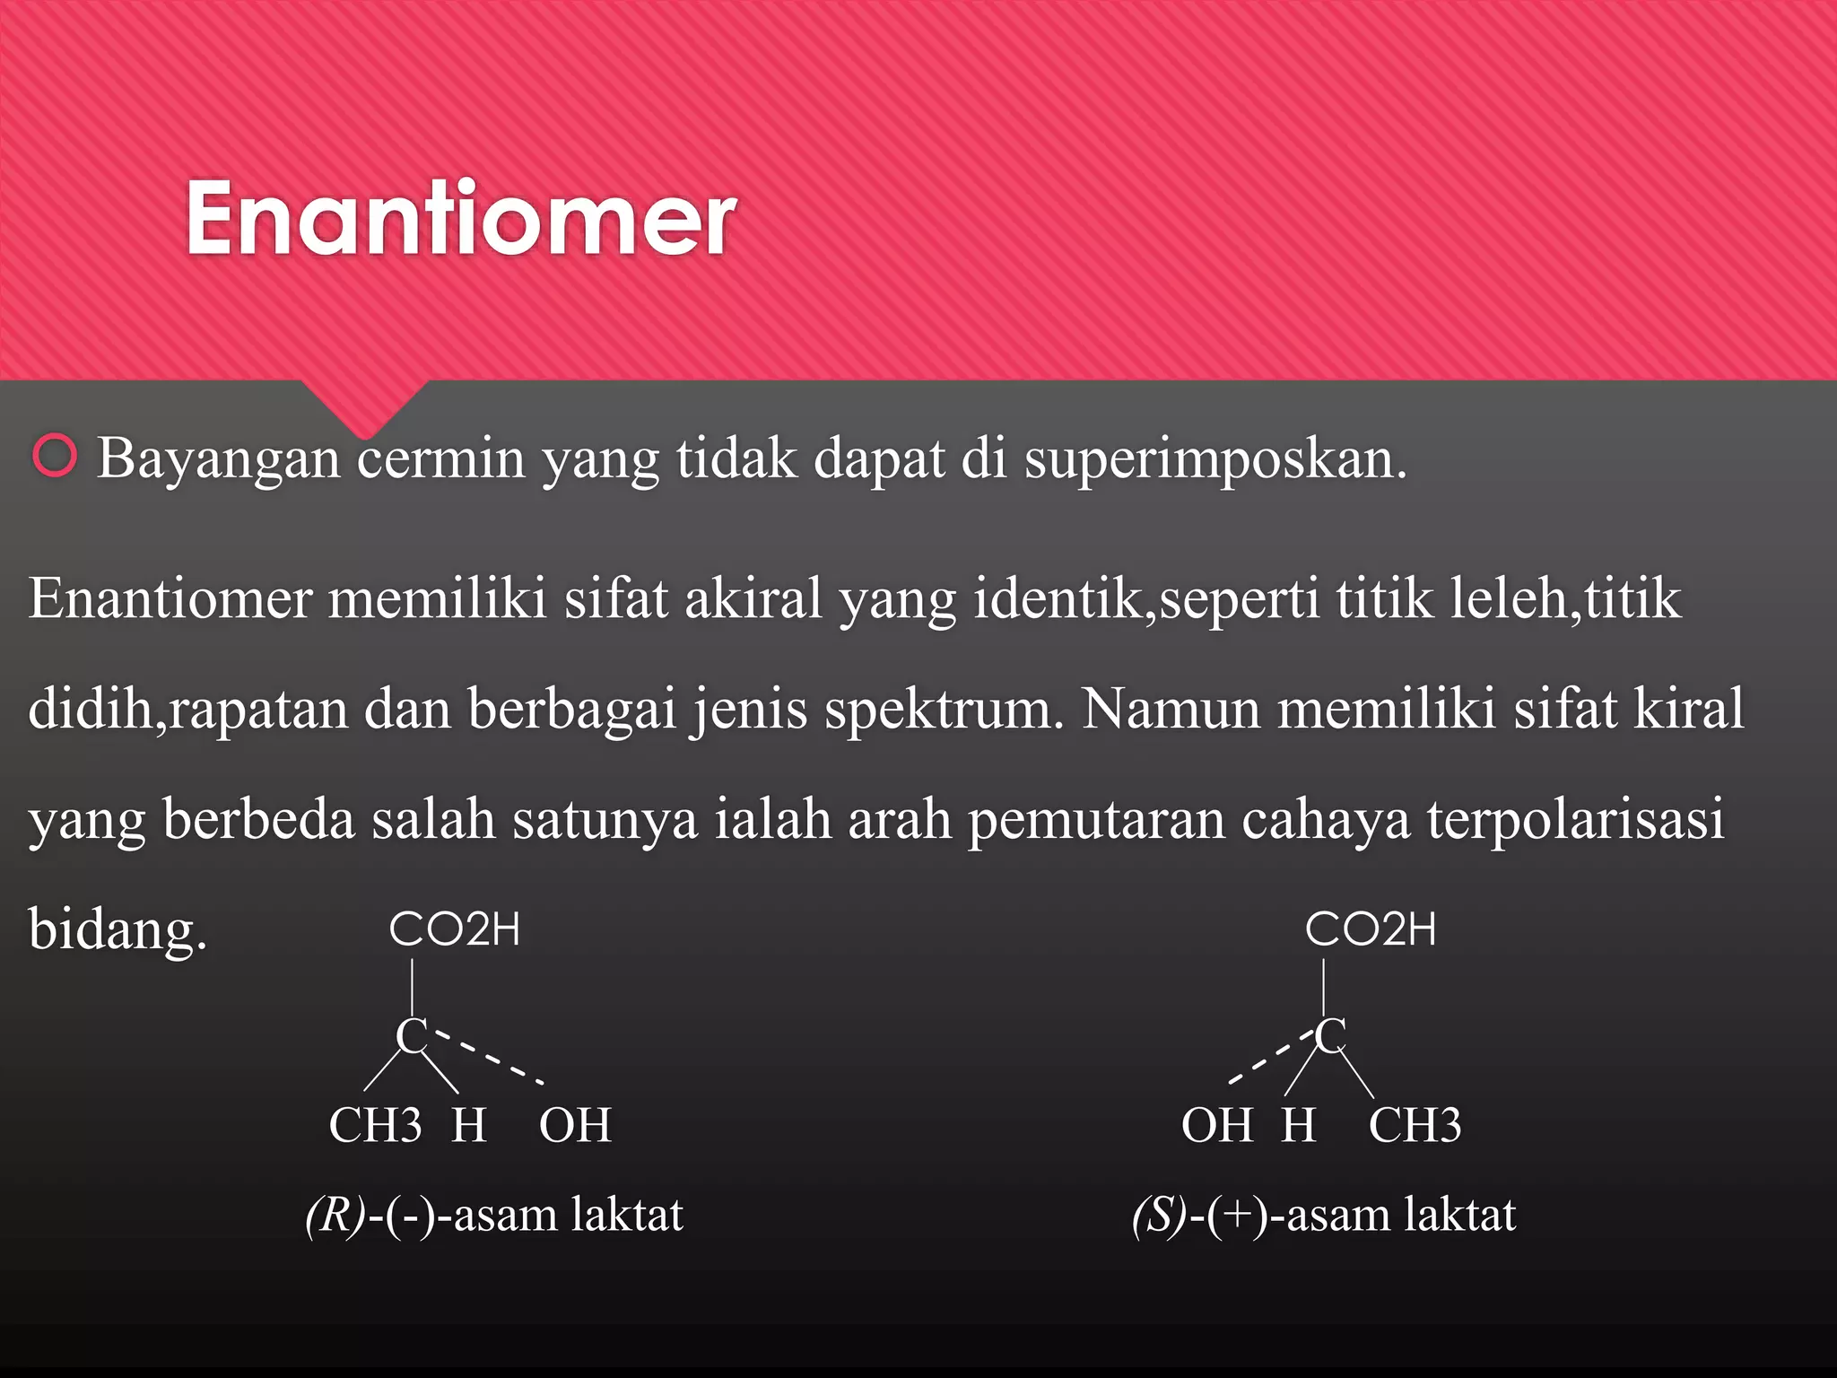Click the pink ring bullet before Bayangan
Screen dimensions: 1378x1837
pos(55,456)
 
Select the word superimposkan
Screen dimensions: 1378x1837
pos(1215,459)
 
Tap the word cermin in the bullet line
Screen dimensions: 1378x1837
pos(440,458)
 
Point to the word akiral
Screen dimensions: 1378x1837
pos(753,598)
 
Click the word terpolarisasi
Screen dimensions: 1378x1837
pos(1575,819)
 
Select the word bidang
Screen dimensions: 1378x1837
pos(118,929)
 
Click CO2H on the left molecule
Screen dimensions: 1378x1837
pos(455,929)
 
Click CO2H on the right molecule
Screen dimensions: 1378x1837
pos(1371,929)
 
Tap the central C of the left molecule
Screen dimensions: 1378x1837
pos(411,1036)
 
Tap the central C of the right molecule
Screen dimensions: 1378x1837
pos(1330,1035)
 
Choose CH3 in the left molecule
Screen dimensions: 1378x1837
pos(375,1125)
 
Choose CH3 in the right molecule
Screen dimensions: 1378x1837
pos(1415,1125)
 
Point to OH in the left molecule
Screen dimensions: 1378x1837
pos(575,1125)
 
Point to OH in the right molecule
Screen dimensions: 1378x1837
pos(1217,1125)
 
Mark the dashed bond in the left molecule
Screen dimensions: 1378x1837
pos(489,1059)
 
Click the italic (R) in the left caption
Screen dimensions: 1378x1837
pos(335,1216)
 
